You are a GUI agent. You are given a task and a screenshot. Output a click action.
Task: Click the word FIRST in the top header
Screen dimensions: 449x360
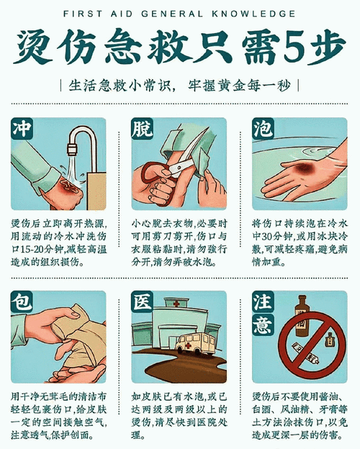[x=81, y=14]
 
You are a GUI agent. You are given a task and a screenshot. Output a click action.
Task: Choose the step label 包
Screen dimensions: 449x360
[x=22, y=302]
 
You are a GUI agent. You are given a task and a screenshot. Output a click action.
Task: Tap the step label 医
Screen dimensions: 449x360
[x=143, y=302]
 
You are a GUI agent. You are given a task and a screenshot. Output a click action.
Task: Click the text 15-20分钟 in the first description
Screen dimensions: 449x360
[x=42, y=246]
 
